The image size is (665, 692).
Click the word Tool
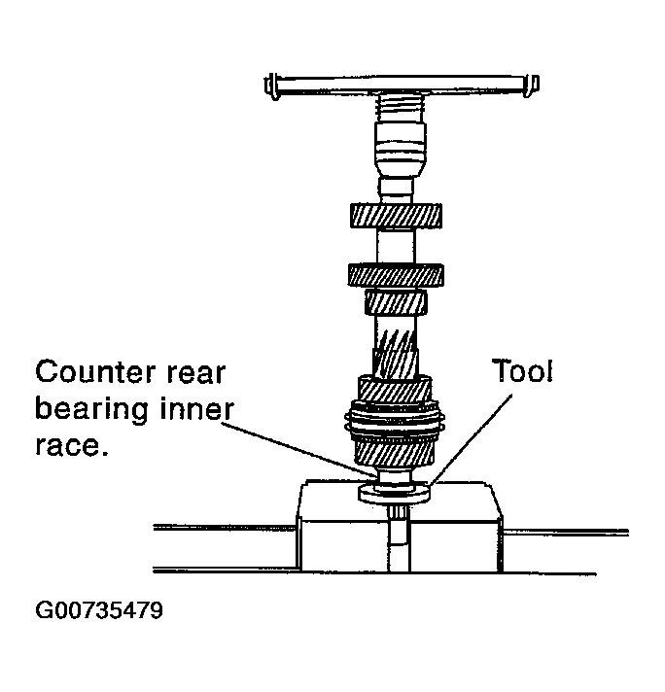522,371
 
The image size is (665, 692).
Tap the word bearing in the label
91,410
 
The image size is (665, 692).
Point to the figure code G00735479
99,610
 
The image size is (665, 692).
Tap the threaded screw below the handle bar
402,108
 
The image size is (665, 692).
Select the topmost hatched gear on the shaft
396,216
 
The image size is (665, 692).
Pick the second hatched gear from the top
396,275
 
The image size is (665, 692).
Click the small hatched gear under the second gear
396,302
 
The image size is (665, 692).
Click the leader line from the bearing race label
298,450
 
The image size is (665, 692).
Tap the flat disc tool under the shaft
394,494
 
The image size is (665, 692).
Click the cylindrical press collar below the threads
400,150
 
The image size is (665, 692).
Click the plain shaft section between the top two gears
396,246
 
